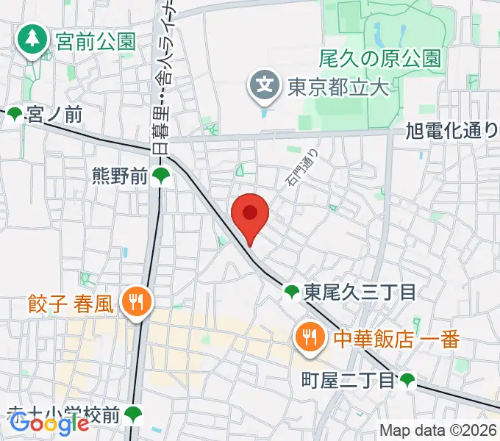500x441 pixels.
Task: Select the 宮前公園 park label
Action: pos(96,40)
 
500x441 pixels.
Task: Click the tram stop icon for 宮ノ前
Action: pos(14,114)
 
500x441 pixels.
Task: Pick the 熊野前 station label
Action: pos(119,176)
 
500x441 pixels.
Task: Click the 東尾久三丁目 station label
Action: pos(360,293)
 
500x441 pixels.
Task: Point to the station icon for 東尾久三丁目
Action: pos(292,293)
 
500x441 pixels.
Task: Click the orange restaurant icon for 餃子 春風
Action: pos(136,302)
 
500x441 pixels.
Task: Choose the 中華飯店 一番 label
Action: pos(396,339)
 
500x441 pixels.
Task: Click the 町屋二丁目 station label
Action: pos(349,380)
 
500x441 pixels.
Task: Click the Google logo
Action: pos(49,423)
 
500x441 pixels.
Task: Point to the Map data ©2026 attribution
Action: pos(438,431)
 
